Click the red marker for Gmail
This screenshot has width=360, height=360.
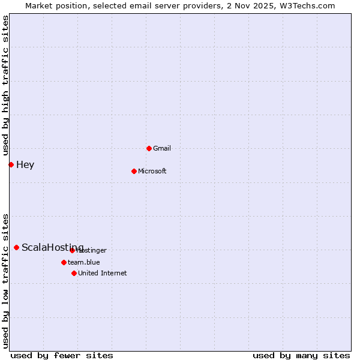coord(149,148)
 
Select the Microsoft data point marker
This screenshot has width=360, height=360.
coord(134,171)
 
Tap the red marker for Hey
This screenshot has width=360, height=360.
coord(11,164)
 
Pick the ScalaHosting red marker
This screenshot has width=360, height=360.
coord(16,247)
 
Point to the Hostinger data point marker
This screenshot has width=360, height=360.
coord(72,250)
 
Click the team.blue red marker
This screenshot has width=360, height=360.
coord(64,262)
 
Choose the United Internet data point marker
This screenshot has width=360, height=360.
coord(74,273)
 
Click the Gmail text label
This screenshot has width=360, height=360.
coord(162,148)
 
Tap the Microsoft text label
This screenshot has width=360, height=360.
coord(152,171)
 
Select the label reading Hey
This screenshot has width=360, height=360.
coord(25,164)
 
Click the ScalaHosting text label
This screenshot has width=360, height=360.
coord(52,247)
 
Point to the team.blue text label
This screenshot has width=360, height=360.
coord(84,262)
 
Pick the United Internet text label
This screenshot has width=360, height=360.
coord(103,273)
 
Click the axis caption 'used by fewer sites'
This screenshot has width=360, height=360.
coord(62,355)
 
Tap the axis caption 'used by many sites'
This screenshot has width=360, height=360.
coord(301,355)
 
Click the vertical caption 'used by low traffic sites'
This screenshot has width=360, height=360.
coord(5,280)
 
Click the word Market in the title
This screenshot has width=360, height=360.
coord(40,5)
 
